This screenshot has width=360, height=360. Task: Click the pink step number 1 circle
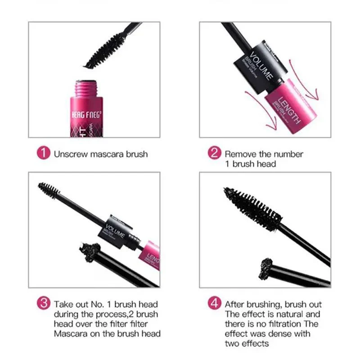(43, 153)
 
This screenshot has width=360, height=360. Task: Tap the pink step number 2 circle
(215, 153)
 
